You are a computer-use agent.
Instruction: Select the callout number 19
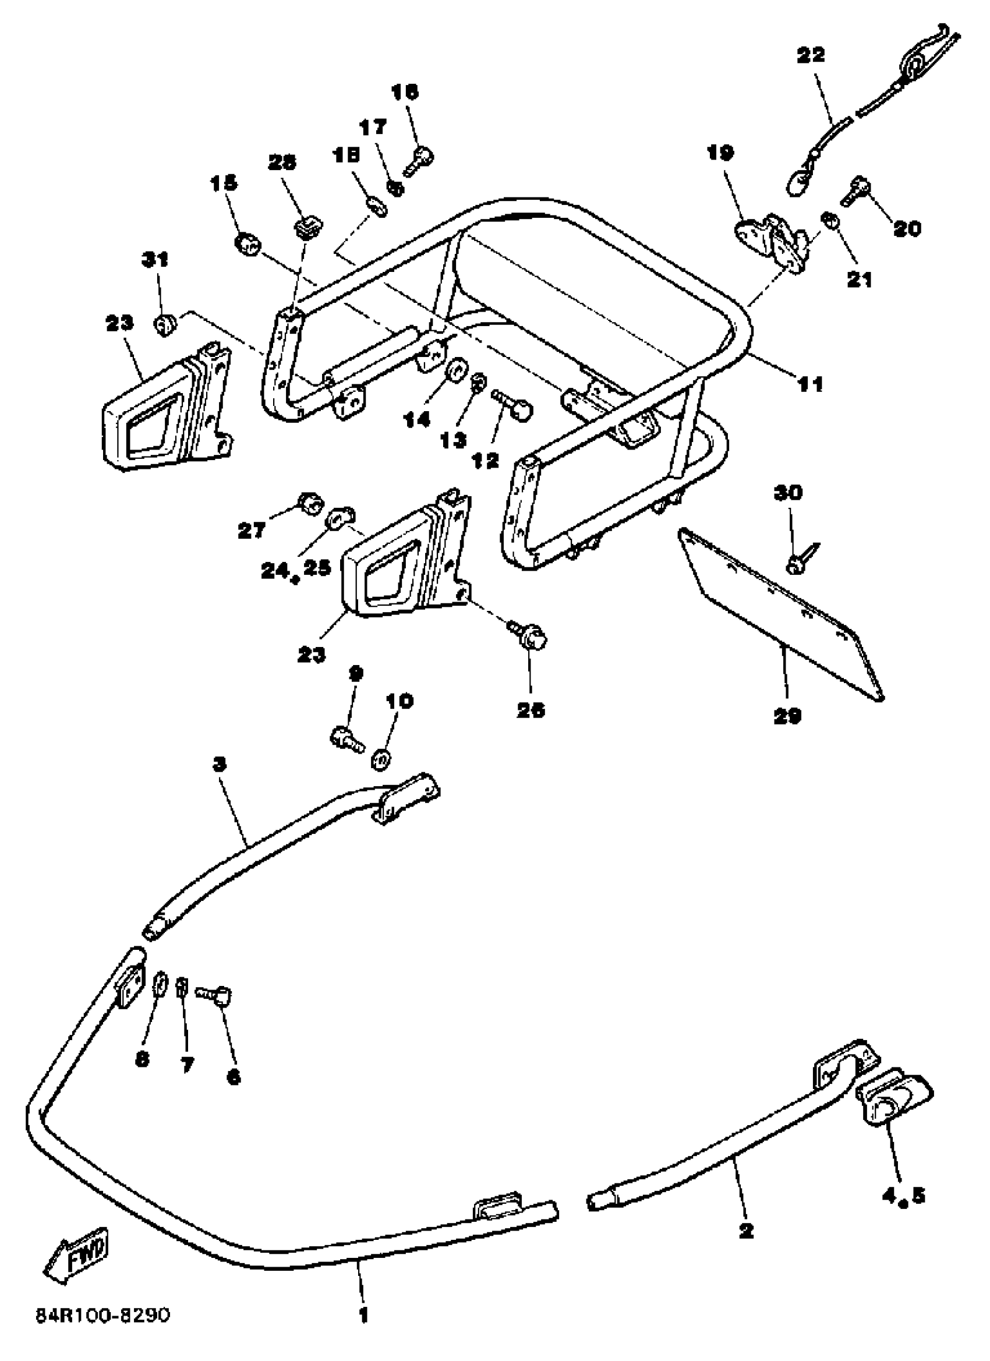pos(720,153)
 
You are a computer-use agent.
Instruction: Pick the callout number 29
pos(787,715)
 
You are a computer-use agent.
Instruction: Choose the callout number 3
pos(220,764)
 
